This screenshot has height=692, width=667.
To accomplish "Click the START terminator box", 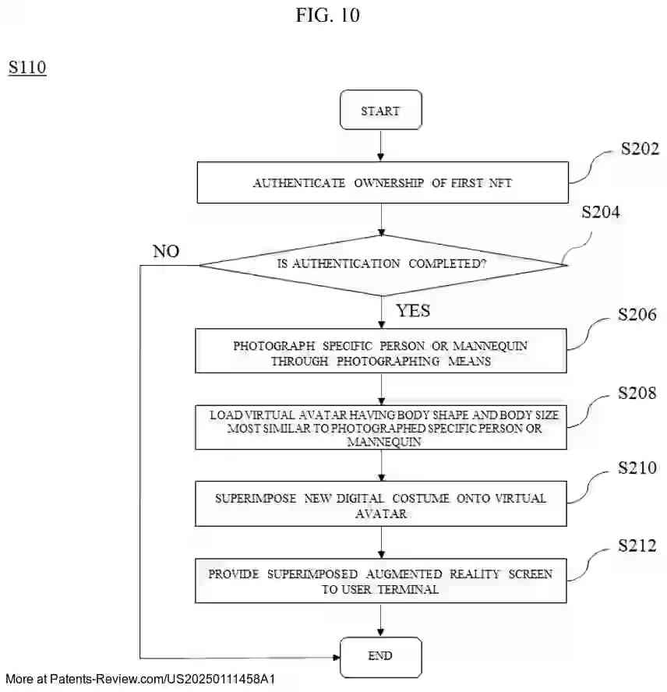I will pos(380,111).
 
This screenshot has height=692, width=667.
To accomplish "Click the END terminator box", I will pos(380,656).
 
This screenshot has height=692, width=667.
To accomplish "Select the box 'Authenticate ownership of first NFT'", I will pos(381,182).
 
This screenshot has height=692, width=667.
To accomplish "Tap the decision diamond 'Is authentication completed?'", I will pos(382,264).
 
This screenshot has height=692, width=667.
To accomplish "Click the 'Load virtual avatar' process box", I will pos(381,427).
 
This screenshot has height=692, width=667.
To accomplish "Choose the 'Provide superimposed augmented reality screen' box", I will pos(381,581).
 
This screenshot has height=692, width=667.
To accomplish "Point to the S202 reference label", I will pos(640,149).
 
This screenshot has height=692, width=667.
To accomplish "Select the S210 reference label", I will pos(637,468).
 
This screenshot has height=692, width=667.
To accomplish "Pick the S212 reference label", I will pos(637,544).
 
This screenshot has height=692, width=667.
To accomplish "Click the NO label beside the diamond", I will pos(166,251).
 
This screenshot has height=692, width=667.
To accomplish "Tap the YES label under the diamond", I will pos(413,311).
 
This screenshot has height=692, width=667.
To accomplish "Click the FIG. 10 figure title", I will pos(327,15).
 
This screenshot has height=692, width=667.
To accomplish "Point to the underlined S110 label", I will pos(27,68).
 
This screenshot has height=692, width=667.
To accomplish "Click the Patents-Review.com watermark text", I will pos(140,680).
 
